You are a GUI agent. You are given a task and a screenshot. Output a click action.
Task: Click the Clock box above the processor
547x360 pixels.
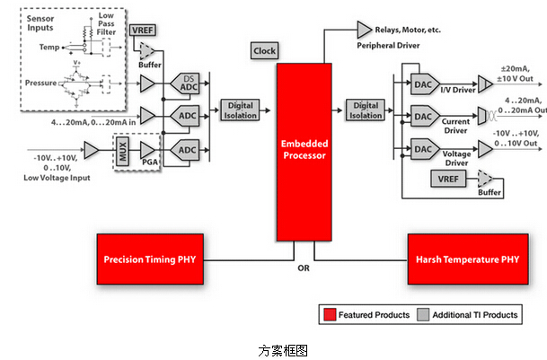(x=265, y=51)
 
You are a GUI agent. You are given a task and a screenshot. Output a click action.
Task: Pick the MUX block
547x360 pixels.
(x=121, y=148)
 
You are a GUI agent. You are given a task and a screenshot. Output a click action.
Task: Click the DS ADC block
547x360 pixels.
(x=189, y=85)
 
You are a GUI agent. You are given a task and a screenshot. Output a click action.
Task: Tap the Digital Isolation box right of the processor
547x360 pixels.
(x=365, y=110)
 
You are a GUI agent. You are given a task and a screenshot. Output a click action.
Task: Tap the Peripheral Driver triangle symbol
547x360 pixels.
(x=366, y=30)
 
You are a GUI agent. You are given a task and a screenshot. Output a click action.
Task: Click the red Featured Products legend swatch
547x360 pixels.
(x=331, y=315)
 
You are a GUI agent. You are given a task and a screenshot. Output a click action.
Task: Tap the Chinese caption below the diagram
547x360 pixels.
(x=274, y=348)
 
